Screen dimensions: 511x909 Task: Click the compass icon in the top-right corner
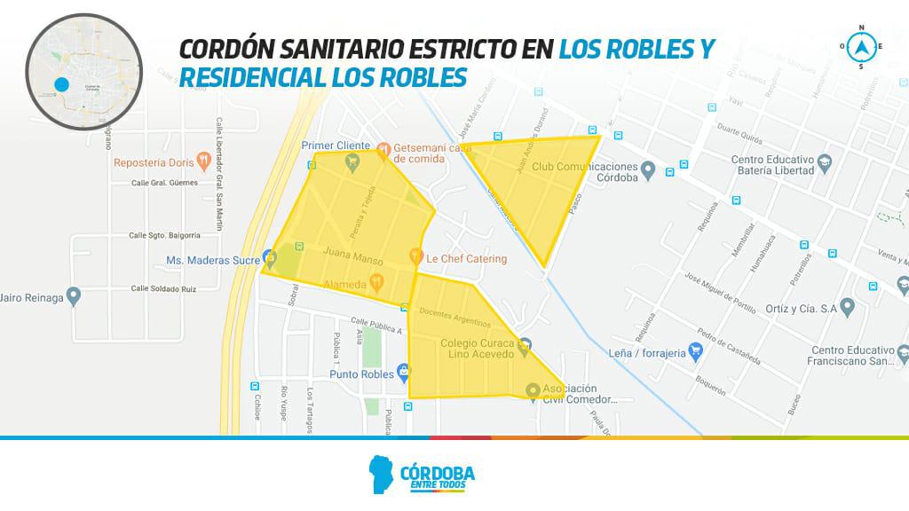859,46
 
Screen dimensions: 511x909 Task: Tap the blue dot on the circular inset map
61,85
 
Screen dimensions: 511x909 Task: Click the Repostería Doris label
154,163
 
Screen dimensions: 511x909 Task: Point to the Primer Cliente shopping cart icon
353,161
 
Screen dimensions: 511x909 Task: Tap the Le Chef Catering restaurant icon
415,258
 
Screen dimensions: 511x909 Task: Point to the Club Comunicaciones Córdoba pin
648,169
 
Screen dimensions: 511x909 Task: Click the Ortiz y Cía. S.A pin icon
848,308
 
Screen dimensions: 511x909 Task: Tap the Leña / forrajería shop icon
698,352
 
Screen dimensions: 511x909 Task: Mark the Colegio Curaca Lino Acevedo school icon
526,344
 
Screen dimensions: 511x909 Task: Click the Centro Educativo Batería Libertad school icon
826,165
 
